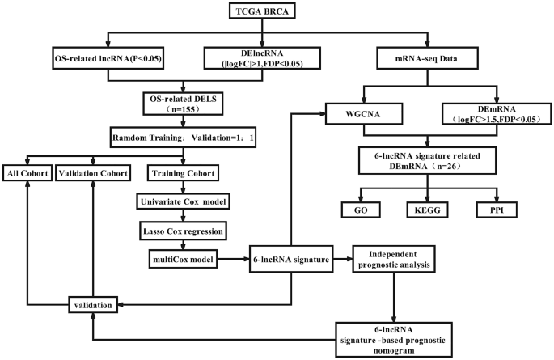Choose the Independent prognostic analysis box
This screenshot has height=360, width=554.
coord(394,259)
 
